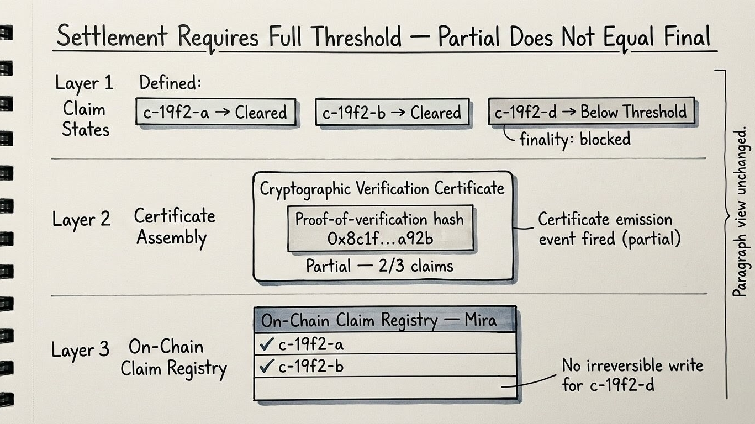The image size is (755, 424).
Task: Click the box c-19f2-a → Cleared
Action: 215,113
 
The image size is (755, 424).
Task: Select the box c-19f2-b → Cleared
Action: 392,113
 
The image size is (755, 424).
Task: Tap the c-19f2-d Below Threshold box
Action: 592,112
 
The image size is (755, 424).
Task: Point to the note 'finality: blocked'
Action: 574,139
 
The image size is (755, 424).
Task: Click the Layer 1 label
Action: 84,83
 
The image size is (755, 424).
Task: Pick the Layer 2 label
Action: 82,219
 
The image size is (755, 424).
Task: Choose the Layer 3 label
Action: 81,350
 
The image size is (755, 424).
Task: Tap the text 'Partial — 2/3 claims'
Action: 379,266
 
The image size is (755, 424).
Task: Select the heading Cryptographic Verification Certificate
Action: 382,188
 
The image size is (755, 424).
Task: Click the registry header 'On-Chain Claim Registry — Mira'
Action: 384,320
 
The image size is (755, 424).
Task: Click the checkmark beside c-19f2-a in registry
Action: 267,344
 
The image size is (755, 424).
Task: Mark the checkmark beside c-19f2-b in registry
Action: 267,366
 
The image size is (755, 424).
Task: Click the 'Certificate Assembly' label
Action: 174,227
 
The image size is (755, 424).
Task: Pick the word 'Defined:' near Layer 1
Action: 170,83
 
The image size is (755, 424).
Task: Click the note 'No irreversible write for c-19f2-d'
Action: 632,374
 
